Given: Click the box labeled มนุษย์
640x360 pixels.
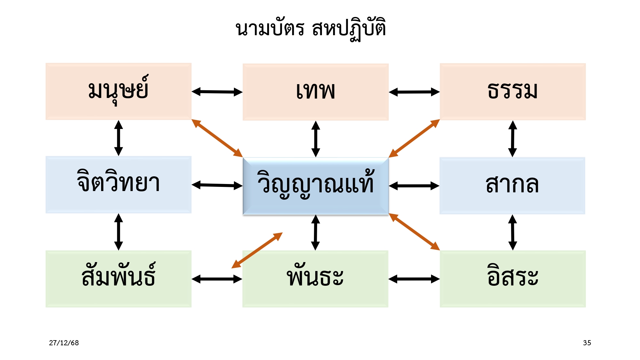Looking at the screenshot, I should (118, 92).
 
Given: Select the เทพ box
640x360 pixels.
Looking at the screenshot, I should (316, 92).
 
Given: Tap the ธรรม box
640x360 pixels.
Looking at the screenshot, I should (513, 92).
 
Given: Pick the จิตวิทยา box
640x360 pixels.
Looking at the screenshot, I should (118, 185).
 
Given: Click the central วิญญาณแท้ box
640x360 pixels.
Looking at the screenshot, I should (316, 186).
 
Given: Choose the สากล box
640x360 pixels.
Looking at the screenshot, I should (512, 186).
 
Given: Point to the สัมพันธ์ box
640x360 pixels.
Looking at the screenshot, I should (118, 279).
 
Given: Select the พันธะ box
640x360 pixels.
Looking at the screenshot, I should (315, 279).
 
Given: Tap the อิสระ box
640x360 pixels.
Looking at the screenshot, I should (513, 279).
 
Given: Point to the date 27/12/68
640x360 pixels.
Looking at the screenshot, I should (64, 343).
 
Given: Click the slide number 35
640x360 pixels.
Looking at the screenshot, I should (587, 343).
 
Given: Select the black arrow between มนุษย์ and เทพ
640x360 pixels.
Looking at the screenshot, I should (217, 92).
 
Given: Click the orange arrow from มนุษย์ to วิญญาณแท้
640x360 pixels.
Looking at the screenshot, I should (217, 138).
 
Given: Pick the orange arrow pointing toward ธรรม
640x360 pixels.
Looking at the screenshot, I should (414, 138).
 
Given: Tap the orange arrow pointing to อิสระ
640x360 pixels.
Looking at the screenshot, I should (414, 232).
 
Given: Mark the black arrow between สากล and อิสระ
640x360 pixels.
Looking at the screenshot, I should (513, 232).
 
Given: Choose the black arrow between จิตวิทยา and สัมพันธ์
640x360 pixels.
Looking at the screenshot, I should (119, 232).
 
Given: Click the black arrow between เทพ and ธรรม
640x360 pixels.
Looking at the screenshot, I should (414, 92).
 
